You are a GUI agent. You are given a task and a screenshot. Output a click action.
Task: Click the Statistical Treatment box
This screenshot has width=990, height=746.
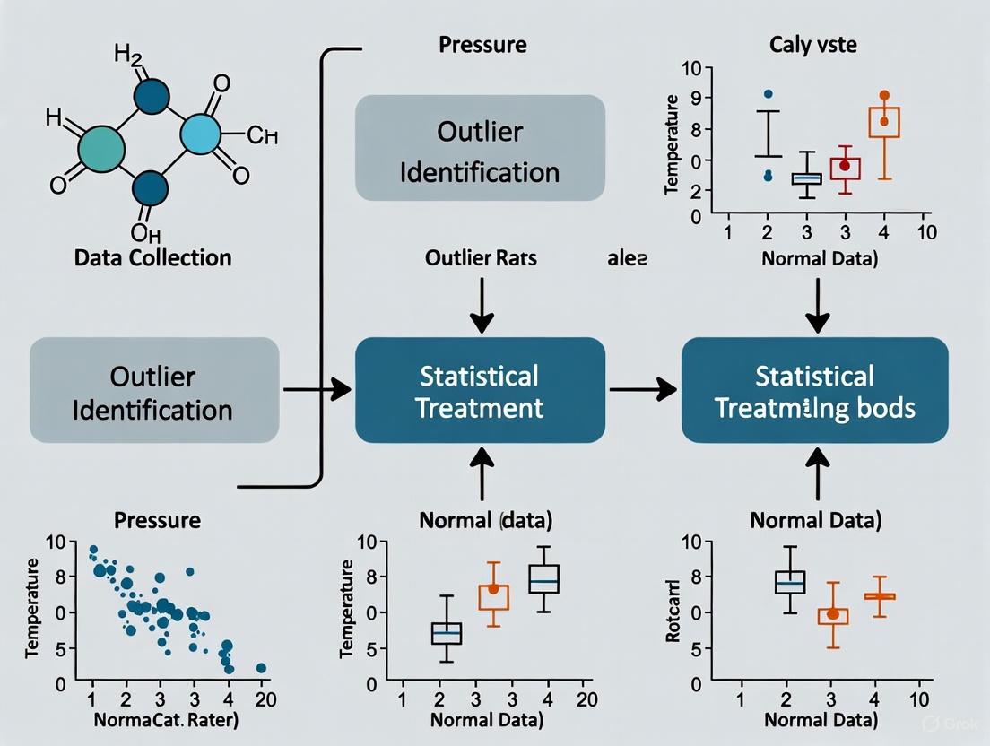(481, 390)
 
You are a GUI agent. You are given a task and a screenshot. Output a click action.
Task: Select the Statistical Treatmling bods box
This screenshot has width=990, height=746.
(814, 390)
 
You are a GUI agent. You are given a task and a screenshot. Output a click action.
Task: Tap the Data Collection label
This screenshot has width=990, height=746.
(152, 258)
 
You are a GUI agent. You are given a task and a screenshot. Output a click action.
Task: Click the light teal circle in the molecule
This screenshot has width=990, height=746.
(206, 135)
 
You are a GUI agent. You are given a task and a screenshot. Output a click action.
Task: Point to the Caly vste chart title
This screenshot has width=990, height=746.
(813, 45)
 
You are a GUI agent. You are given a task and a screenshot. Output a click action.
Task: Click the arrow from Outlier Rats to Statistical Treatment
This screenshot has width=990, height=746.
(482, 305)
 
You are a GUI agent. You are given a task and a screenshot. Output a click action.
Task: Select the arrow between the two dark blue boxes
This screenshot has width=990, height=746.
(643, 389)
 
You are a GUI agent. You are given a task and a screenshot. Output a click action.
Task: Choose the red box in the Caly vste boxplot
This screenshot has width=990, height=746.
(844, 168)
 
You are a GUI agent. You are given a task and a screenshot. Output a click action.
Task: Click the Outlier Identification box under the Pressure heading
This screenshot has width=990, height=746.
(480, 149)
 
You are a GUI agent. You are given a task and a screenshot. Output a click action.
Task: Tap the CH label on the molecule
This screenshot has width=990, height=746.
(262, 136)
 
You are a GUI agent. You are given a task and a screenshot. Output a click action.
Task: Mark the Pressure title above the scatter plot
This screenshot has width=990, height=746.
(157, 520)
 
